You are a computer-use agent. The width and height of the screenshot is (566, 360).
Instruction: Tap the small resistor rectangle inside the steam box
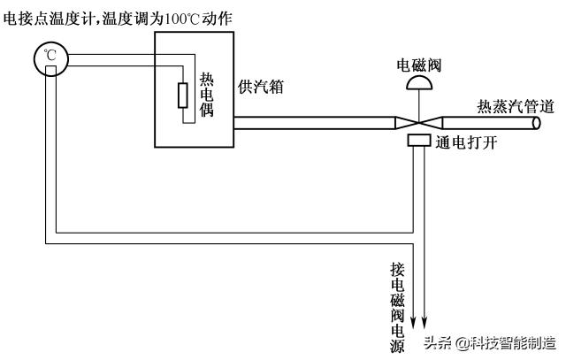click(x=183, y=95)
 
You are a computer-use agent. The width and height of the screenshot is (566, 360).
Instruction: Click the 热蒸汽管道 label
click(x=516, y=107)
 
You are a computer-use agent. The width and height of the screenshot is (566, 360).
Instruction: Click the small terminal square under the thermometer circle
click(x=50, y=70)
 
